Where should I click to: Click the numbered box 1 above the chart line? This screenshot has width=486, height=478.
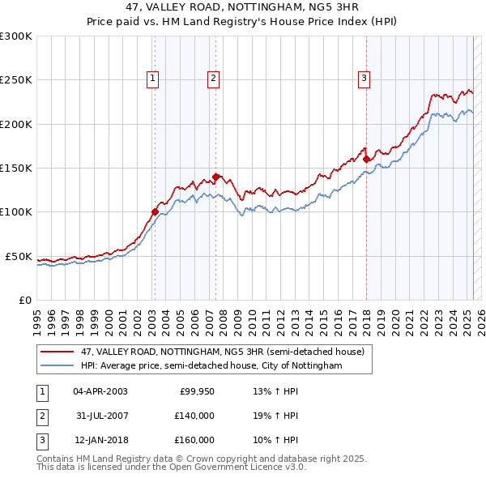152,79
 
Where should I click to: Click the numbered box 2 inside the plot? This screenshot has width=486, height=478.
213,79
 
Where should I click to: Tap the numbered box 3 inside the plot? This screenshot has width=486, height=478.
364,79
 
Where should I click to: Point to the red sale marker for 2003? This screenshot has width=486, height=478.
155,212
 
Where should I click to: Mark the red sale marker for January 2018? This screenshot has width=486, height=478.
366,160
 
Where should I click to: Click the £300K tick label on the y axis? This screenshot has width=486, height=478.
16,36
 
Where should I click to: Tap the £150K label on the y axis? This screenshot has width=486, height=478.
16,169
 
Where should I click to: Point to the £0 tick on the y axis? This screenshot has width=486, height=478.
24,300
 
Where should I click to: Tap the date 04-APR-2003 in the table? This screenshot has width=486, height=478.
100,391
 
